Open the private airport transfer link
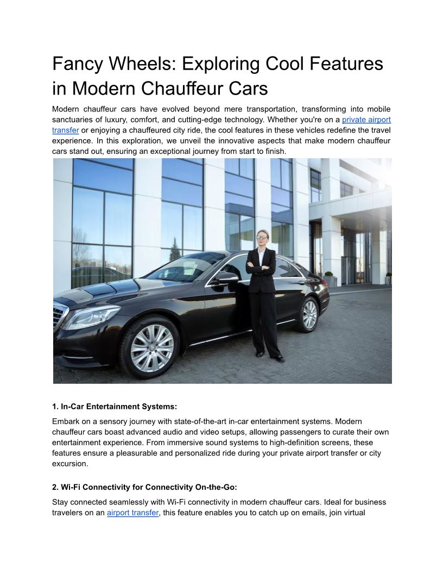pos(366,120)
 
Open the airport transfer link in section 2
pos(133,512)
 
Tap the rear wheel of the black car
pos(309,314)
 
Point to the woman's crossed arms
pos(261,267)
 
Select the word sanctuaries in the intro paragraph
pos(76,120)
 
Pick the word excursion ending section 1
pos(69,464)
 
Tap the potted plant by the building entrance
pos(328,279)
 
